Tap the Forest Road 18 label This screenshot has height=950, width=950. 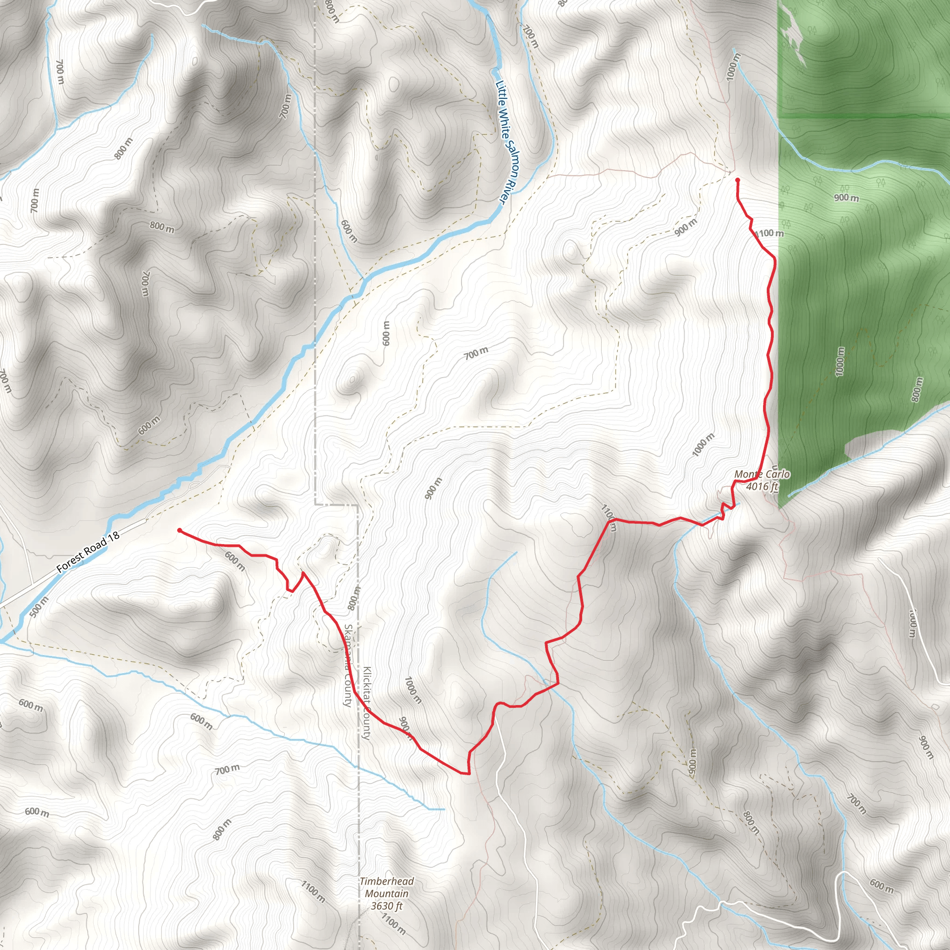[x=88, y=552]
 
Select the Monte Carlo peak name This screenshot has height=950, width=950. [x=762, y=475]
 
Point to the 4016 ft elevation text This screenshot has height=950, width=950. [x=762, y=487]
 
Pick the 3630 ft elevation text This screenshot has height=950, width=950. [x=386, y=906]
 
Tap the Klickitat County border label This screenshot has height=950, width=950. [x=366, y=703]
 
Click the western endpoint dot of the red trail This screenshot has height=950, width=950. [x=180, y=531]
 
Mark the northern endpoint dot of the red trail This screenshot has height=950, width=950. [x=737, y=180]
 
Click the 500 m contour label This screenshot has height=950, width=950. [x=39, y=607]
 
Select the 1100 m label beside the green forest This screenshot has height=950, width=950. [x=769, y=233]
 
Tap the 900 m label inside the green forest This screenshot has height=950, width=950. [x=846, y=198]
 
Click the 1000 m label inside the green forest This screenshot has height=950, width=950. [x=840, y=362]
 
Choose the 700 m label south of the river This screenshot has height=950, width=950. [x=476, y=353]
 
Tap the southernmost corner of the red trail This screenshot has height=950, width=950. [x=468, y=773]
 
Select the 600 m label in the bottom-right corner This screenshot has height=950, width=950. [x=882, y=886]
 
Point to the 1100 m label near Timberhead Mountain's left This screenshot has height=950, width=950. [x=313, y=892]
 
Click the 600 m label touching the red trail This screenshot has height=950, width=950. [x=235, y=560]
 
